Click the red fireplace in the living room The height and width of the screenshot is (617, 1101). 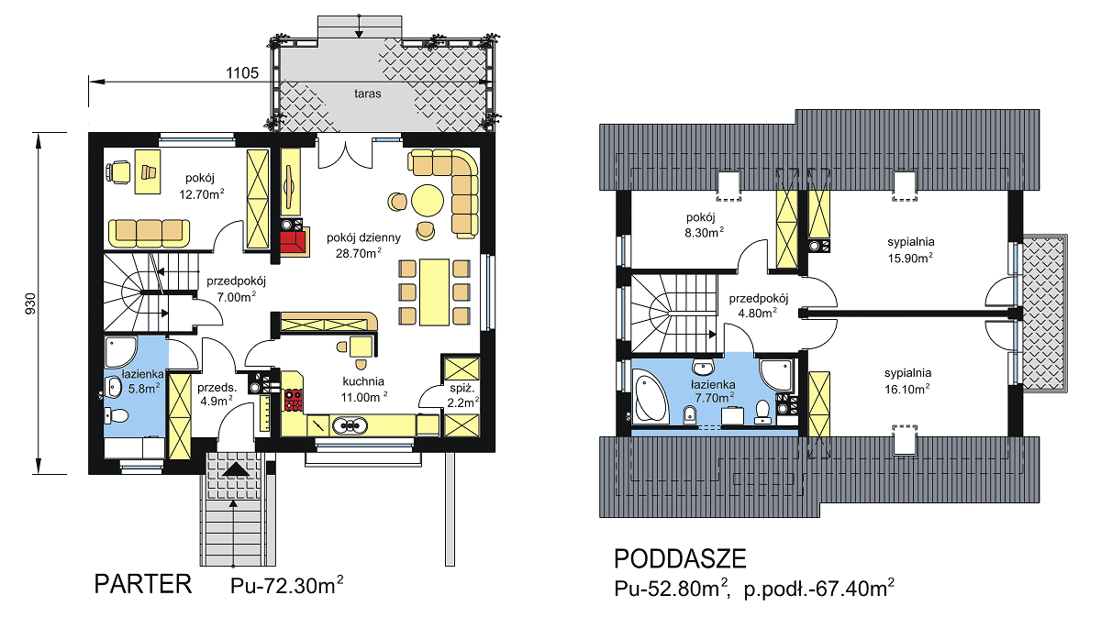pos(294,242)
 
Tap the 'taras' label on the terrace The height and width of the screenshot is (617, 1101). pos(368,94)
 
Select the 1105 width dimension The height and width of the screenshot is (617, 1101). pos(242,73)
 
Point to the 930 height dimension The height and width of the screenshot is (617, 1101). pos(30,303)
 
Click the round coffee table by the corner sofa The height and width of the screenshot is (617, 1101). pos(428,201)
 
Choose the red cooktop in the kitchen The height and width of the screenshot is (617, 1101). pos(294,400)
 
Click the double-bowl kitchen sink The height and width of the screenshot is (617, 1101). pos(349,425)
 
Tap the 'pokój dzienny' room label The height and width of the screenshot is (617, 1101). pos(363,237)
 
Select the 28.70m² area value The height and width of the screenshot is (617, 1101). pos(359,253)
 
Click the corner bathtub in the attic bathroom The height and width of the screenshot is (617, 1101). pos(650,398)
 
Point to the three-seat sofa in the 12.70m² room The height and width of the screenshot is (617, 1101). pos(149,234)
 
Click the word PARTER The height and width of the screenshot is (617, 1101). pos(142,584)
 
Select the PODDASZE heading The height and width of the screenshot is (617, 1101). pos(680,558)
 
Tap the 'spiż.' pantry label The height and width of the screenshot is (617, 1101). pos(461,388)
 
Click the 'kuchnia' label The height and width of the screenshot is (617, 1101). pos(363,381)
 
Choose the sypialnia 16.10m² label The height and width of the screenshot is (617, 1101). pos(907,381)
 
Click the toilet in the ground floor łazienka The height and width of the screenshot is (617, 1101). pos(117,416)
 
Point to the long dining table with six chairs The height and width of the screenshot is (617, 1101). pos(434,292)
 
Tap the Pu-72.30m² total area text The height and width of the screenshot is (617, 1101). pos(286,585)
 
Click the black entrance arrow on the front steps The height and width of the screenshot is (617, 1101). pos(236,469)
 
